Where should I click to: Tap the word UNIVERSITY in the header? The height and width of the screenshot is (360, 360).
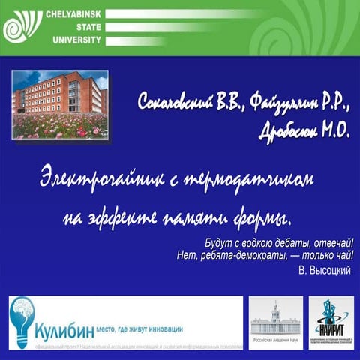[73, 40]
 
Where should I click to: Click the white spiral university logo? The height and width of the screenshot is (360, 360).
[22, 28]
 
